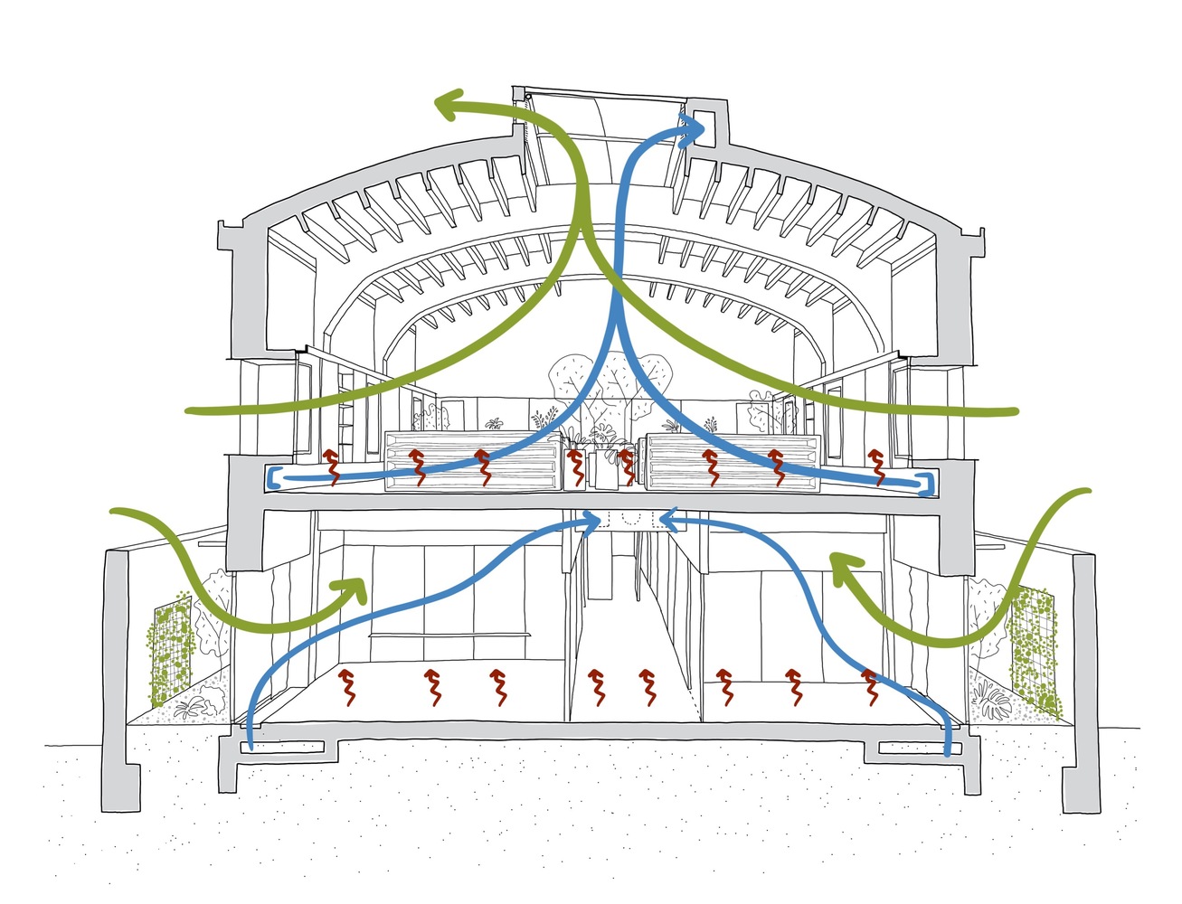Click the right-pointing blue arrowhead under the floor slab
592,519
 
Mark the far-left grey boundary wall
123,669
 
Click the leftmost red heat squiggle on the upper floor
331,464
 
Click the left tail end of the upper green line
190,411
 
